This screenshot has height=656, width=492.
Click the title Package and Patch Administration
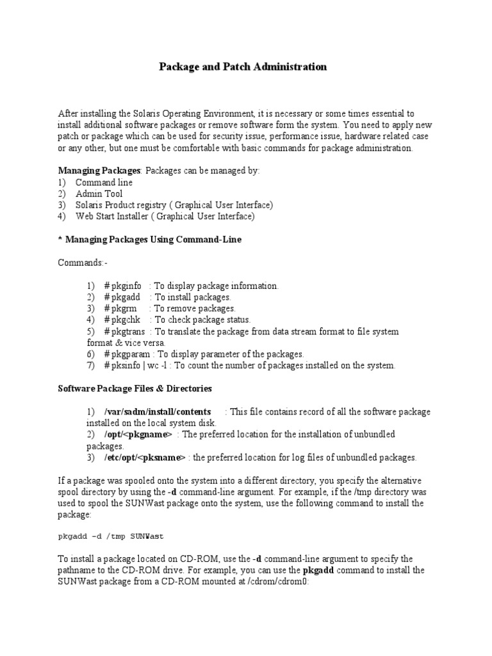point(243,67)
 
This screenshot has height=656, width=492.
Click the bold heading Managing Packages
point(99,171)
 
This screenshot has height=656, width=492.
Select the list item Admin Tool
point(99,193)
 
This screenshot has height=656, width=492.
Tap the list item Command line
point(104,183)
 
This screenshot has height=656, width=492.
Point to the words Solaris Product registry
point(126,205)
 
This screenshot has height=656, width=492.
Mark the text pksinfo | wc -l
point(139,366)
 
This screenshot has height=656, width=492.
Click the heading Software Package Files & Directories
point(135,389)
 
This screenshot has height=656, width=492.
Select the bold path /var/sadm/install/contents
point(158,411)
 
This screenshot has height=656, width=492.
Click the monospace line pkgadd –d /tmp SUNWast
point(115,536)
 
